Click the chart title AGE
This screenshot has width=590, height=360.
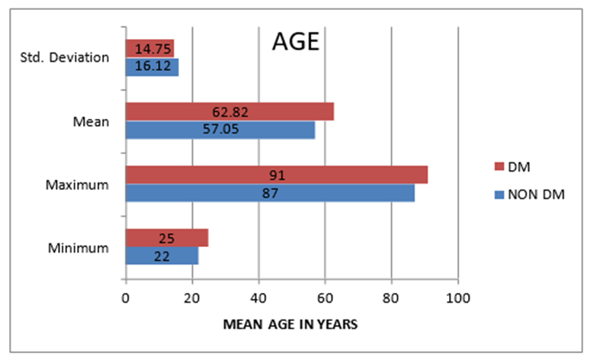[296, 41]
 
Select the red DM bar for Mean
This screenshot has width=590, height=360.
[229, 111]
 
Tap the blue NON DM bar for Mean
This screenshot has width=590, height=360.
[220, 130]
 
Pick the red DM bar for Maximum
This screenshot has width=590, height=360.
[277, 175]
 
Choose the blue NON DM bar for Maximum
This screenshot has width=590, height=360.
[270, 193]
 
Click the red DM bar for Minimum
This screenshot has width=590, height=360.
[167, 238]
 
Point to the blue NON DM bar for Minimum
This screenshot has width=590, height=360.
[162, 256]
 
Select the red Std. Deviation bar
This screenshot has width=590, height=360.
[149, 49]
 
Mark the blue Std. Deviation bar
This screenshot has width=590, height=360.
[152, 66]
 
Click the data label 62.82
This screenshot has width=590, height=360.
[230, 112]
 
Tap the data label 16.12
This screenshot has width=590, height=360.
[152, 66]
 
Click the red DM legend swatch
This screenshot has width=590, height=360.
[499, 166]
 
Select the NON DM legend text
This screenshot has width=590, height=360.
[536, 194]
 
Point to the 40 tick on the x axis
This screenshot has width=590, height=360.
[258, 298]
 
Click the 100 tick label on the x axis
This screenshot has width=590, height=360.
[458, 298]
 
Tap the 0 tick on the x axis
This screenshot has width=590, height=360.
[126, 298]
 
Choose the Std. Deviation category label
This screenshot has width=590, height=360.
[64, 58]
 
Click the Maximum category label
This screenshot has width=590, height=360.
[77, 185]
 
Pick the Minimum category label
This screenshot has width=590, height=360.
[79, 248]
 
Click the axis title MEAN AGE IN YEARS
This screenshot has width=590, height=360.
[290, 324]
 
